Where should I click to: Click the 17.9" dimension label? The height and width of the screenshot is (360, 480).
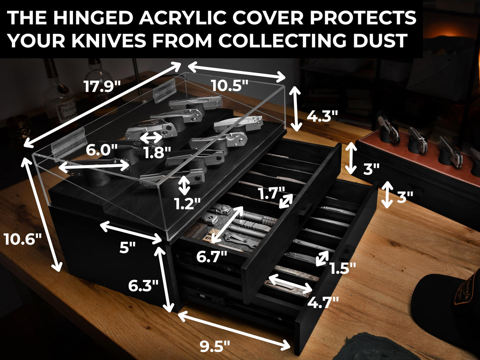102,86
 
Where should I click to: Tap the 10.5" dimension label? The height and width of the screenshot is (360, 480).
230,85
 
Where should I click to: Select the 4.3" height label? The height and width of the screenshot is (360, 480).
322,116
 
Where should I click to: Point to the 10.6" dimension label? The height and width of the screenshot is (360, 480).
22,239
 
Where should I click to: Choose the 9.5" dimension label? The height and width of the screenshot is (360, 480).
215,346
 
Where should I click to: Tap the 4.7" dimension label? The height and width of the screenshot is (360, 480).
323,303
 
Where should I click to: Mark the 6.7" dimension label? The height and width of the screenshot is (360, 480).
212,257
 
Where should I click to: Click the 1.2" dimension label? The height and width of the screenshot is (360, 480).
187,204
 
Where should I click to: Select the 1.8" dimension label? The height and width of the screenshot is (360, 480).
157,152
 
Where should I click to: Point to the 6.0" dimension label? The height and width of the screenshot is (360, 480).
101,150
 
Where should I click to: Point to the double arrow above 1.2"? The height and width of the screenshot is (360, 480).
184,185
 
